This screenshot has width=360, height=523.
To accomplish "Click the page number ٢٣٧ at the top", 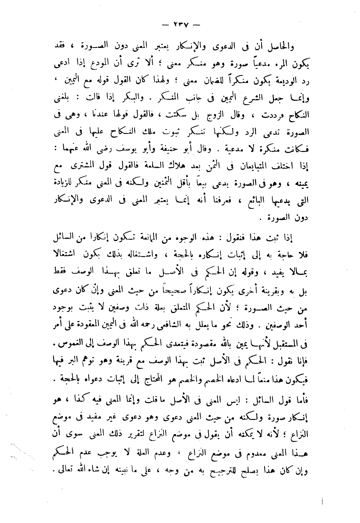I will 179,26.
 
